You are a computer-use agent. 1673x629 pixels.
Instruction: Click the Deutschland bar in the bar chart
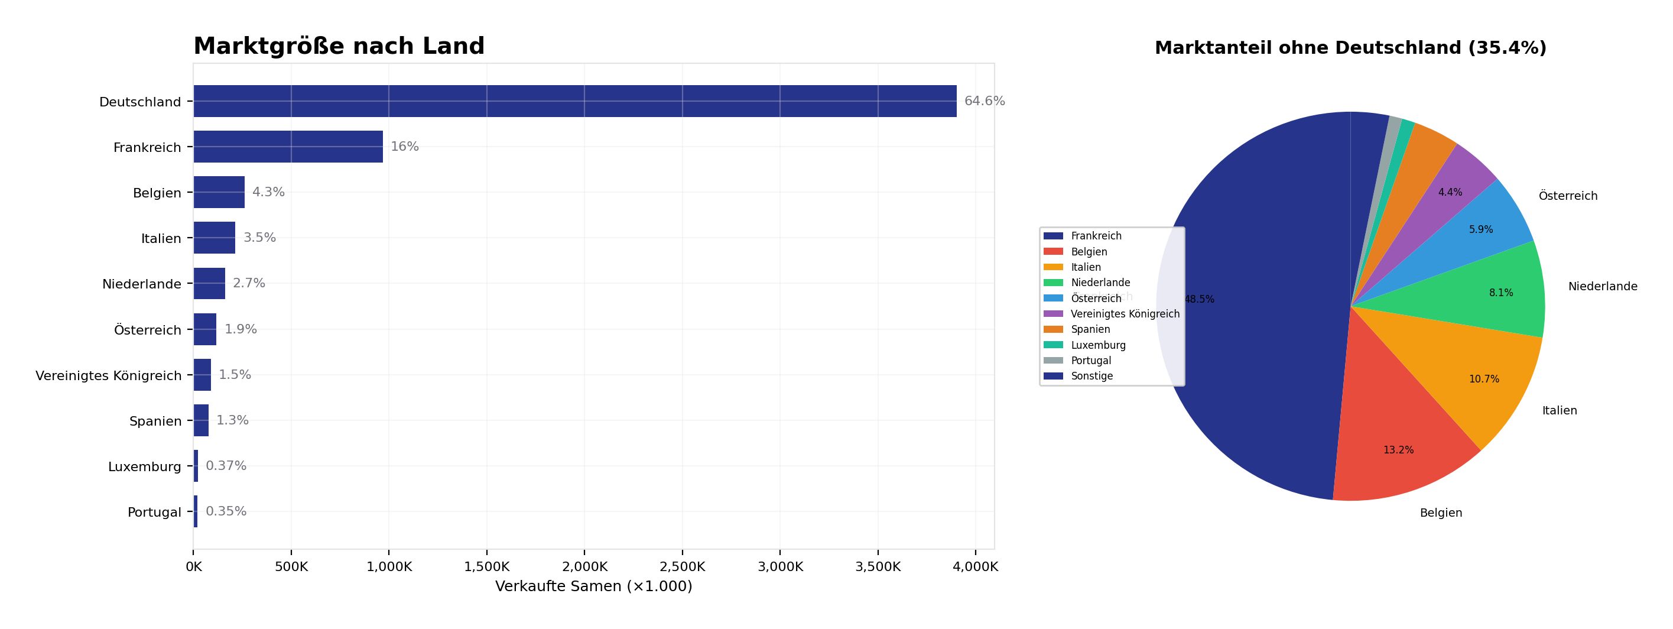[575, 101]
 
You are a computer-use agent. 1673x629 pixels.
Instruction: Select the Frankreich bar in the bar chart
[288, 147]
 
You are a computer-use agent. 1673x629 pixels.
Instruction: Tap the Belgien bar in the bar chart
[219, 192]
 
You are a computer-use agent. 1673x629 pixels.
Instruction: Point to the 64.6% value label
[984, 101]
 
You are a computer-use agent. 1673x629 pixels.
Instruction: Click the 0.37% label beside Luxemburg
[226, 466]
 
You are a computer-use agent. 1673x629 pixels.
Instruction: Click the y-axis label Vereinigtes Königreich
[109, 375]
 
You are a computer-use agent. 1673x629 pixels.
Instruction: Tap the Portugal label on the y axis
[155, 512]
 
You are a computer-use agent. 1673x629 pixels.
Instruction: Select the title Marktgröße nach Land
[339, 46]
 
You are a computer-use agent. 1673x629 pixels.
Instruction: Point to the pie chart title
[1350, 48]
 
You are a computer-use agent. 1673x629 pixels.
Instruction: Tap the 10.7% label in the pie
[1484, 380]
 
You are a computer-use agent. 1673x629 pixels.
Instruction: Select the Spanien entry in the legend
[1090, 329]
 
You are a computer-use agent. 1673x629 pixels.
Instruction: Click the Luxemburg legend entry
[1098, 345]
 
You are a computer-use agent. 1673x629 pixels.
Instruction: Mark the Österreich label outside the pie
[1568, 196]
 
